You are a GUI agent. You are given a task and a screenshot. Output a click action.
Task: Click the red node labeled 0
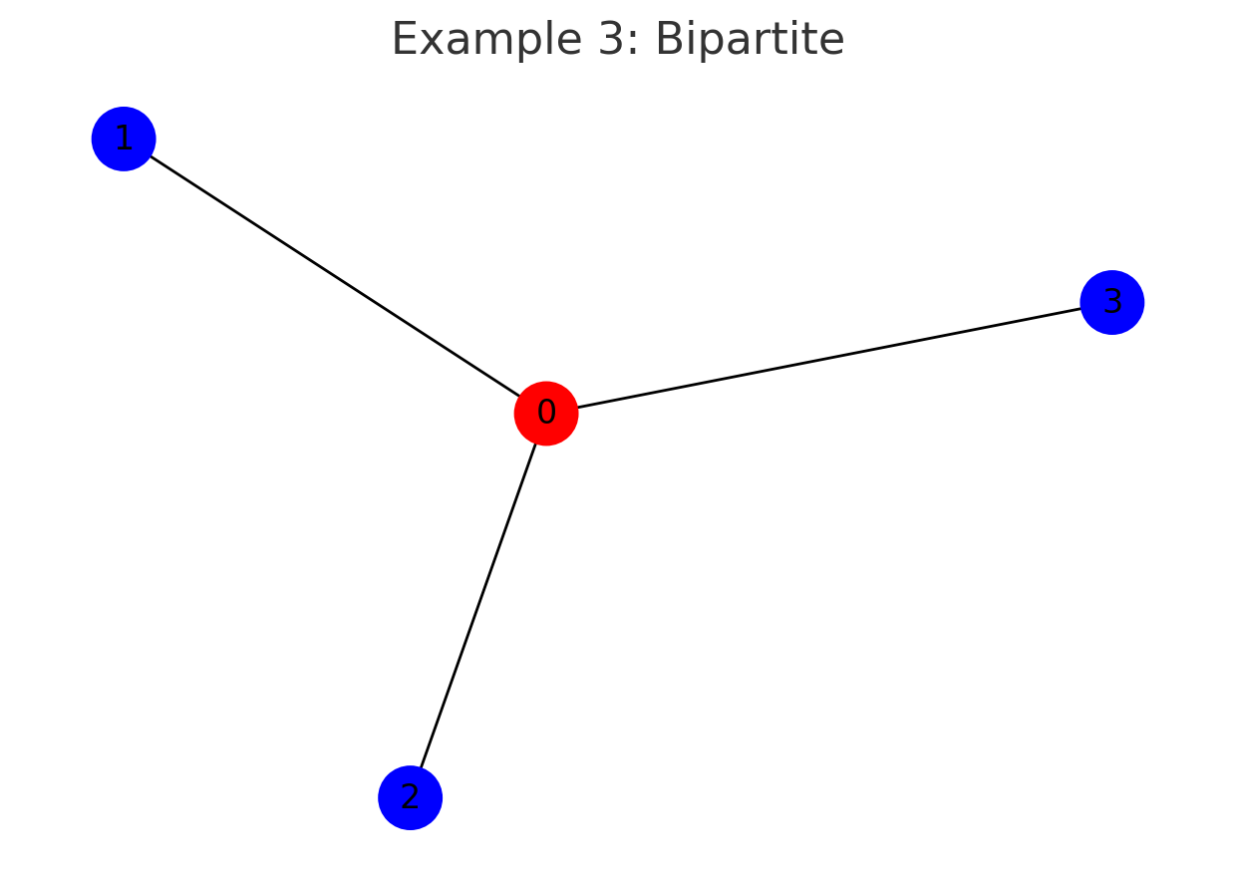[546, 413]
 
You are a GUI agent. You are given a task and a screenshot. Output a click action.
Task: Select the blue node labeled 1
[124, 139]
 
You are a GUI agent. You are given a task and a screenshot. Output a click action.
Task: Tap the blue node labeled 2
[410, 797]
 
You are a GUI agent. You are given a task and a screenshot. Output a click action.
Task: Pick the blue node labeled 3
[1111, 302]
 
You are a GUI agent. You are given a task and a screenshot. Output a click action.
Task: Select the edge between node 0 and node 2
[478, 605]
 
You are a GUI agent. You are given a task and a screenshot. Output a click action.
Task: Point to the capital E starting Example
[403, 40]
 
